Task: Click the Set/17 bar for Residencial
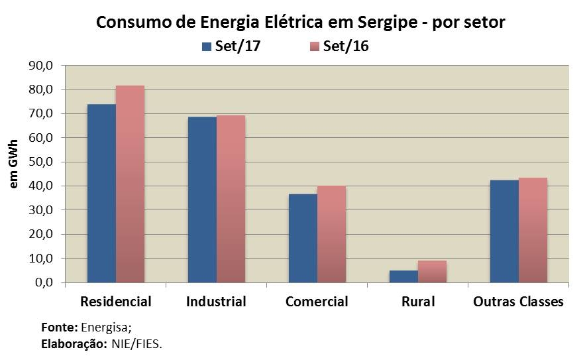pos(101,193)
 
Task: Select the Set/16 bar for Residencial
pos(130,184)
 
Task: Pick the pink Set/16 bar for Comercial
pos(331,234)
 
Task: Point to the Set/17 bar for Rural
pos(403,276)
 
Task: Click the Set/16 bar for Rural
pos(432,271)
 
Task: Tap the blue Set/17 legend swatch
pos(205,46)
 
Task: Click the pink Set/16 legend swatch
pos(315,46)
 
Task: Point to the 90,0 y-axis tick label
pos(40,66)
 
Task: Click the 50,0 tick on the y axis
pos(40,162)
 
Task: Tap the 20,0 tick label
pos(40,234)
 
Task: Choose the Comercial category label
pos(317,302)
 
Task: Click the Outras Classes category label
pos(518,302)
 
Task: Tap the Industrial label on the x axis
pos(216,302)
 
